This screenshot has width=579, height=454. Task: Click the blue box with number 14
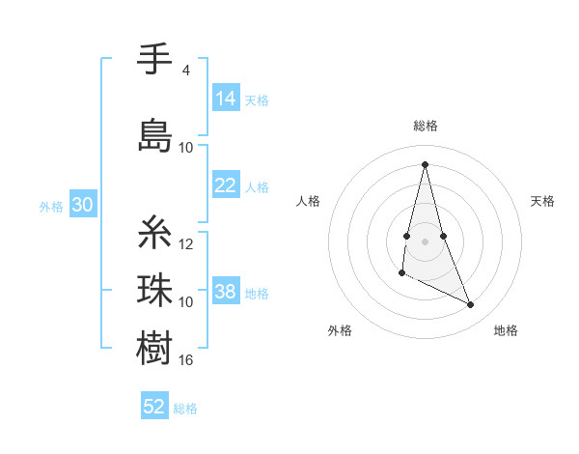[x=226, y=99]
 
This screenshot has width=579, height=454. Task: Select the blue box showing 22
[x=226, y=185]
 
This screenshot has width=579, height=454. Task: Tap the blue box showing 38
[x=226, y=292]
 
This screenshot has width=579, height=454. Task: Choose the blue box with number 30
[x=82, y=205]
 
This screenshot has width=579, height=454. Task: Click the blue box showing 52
[x=154, y=407]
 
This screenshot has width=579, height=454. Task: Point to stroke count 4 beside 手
[x=185, y=71]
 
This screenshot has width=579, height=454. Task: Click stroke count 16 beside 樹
[x=186, y=360]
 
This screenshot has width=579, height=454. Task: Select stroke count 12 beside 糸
[x=186, y=244]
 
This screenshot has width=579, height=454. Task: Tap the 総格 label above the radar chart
[x=426, y=126]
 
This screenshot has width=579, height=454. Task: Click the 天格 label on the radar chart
[x=542, y=201]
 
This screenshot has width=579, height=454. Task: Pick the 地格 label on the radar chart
[x=506, y=330]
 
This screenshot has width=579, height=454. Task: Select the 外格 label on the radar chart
[x=340, y=330]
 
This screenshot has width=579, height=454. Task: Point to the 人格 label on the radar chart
[x=308, y=201]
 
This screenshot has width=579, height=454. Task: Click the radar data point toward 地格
[x=471, y=305]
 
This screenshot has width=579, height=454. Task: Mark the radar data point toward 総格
[x=426, y=163]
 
